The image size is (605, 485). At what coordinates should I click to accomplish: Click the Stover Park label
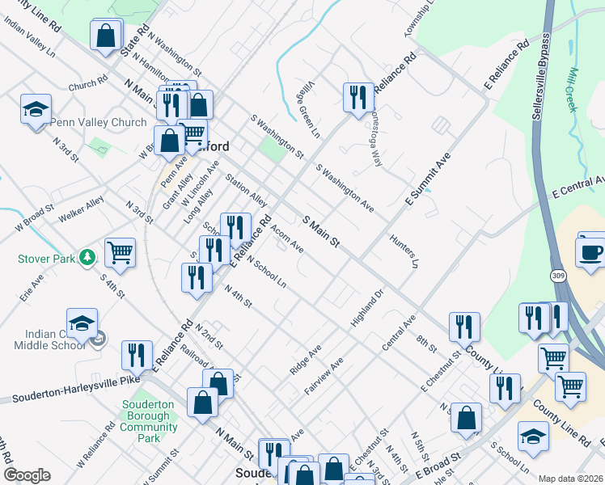45,259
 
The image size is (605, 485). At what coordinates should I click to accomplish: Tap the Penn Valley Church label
98,123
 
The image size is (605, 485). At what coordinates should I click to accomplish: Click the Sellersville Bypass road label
539,77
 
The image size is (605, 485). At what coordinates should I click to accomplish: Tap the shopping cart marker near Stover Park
121,253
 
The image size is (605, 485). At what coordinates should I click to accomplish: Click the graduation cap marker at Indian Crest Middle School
82,324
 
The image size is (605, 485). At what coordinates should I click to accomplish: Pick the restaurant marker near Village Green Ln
357,97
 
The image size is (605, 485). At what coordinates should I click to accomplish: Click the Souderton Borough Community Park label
149,421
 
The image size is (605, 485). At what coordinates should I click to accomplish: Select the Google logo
27,474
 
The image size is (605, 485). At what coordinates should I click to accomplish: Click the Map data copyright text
570,478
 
